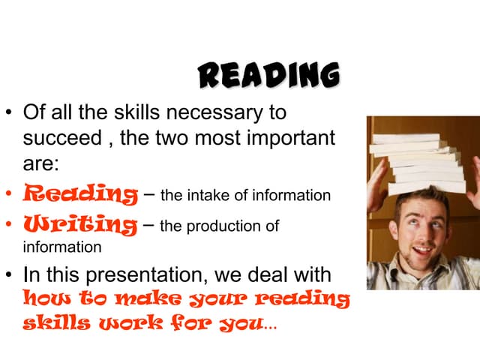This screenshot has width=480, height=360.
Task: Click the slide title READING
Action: click(268, 76)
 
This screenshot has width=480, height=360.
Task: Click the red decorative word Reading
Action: click(80, 195)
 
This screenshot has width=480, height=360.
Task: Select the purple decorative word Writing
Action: click(80, 224)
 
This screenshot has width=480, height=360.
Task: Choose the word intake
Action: click(215, 196)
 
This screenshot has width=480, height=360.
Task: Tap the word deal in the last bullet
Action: click(286, 275)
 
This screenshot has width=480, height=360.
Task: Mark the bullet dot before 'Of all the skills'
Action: click(10, 115)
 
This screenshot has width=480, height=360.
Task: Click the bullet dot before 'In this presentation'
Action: click(10, 276)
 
